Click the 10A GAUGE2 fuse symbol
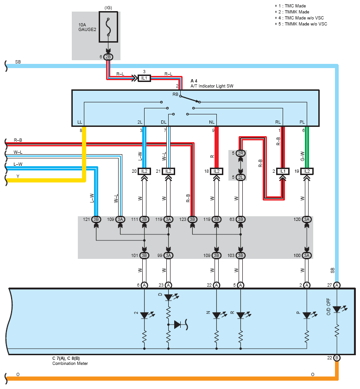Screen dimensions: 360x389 coord(108,27)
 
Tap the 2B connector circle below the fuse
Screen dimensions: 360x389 coord(108,57)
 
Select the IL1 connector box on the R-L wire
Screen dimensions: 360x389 coord(144,78)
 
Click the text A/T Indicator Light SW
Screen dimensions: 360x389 coord(212,86)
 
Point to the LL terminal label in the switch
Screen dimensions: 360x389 coord(80,122)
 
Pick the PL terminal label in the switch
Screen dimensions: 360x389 coord(302,122)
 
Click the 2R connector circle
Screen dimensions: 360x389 coord(240,153)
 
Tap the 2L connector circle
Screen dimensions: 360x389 coord(240,177)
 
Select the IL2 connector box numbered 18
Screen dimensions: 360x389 coord(216,171)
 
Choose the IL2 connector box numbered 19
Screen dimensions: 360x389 coord(307,171)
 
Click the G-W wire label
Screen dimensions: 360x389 coord(302,156)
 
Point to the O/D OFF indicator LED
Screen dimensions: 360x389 coord(337,309)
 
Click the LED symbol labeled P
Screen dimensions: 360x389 coord(307,315)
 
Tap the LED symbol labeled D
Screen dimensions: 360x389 coord(168,297)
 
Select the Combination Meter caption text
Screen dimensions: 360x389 coord(70,364)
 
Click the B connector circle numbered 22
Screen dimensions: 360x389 coord(337,358)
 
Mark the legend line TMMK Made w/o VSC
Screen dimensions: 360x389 coord(301,24)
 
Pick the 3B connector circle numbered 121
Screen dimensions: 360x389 coord(96,220)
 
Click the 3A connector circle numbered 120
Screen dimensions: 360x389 coord(307,220)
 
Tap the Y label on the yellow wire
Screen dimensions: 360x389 coord(18,176)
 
